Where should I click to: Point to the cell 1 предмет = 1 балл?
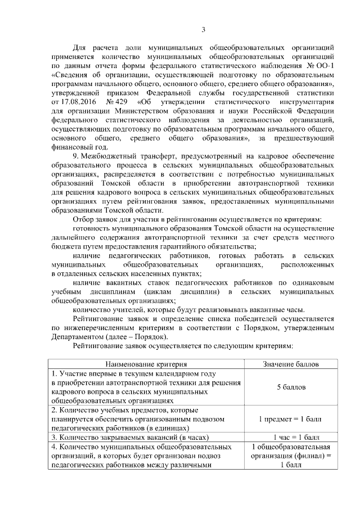point(291,419)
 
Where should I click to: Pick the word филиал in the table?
point(311,456)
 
